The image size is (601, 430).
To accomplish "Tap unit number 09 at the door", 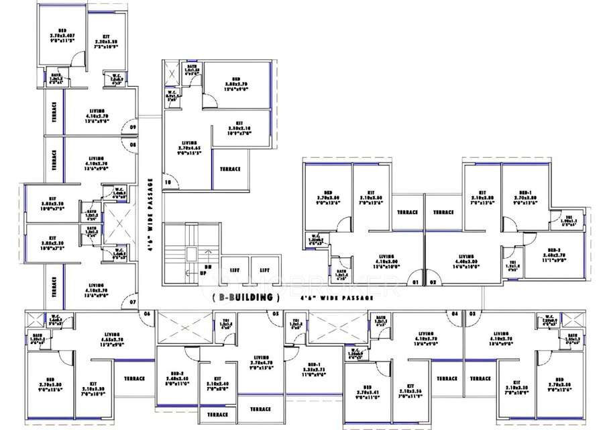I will tap(133, 126).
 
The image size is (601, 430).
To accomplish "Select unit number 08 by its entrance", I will tap(133, 144).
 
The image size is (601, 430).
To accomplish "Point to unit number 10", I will tap(168, 182).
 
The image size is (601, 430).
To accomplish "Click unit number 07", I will tap(133, 303).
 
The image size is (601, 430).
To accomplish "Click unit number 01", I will tap(415, 282).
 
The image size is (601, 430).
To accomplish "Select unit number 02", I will tap(433, 282).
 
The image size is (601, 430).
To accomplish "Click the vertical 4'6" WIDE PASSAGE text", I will tap(150, 215).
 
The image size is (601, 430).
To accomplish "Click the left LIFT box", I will tap(233, 269).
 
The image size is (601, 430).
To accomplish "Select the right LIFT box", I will tap(264, 269).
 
